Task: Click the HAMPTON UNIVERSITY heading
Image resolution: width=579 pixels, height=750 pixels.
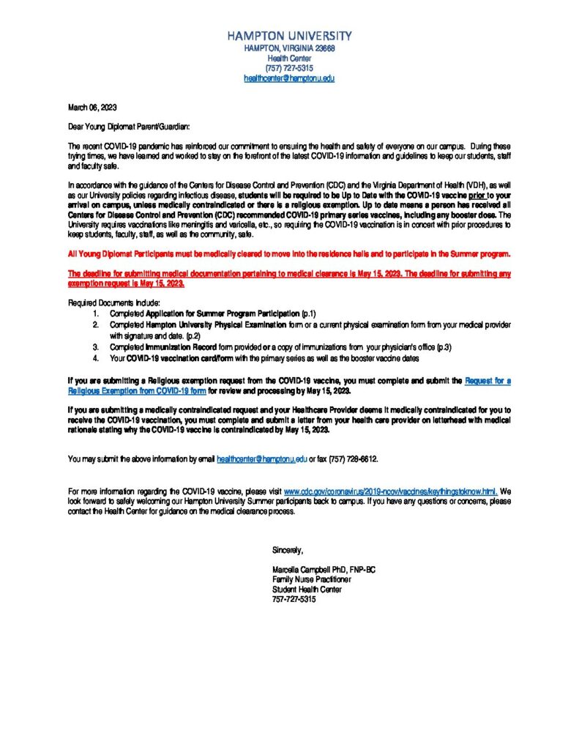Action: pos(289,35)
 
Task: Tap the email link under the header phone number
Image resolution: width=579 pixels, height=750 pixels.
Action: pos(289,78)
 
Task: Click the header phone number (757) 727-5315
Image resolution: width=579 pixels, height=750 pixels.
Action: pos(289,67)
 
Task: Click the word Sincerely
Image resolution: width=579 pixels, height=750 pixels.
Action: pos(287,549)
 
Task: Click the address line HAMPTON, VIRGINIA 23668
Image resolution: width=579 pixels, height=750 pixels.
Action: pos(289,48)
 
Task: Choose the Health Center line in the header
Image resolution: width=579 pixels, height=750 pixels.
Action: pos(289,58)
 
